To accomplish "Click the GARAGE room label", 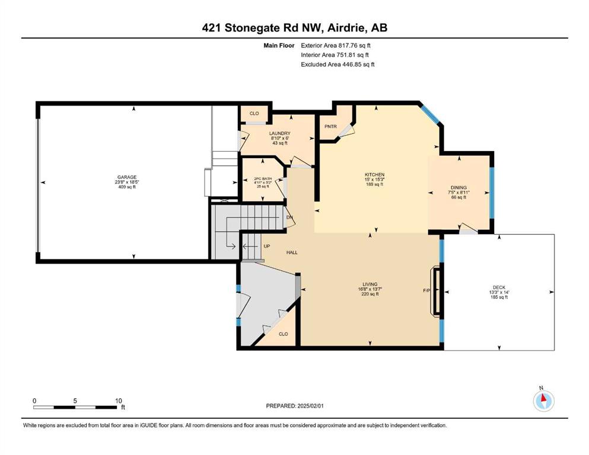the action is click(x=127, y=177).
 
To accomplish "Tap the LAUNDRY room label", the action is click(x=280, y=133).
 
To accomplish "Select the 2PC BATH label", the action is click(x=263, y=179).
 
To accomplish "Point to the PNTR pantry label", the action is click(x=330, y=127).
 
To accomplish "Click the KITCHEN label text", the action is click(x=374, y=175).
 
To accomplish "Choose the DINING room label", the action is click(x=459, y=188).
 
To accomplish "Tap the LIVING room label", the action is click(x=370, y=284).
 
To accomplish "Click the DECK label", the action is click(x=499, y=288).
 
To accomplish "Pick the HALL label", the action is click(x=292, y=253).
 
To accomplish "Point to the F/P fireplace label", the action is click(x=426, y=291).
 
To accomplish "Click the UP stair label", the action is click(x=267, y=246).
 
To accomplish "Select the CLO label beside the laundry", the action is click(x=254, y=113).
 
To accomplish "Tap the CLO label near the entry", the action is click(x=284, y=334).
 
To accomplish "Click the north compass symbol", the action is click(x=543, y=400).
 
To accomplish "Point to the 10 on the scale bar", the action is click(x=118, y=401).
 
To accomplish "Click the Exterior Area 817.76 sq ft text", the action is click(x=336, y=46).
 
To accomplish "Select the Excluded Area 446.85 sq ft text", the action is click(x=338, y=65).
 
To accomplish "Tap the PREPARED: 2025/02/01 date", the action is click(x=294, y=406).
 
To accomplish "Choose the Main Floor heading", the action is click(x=279, y=46).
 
